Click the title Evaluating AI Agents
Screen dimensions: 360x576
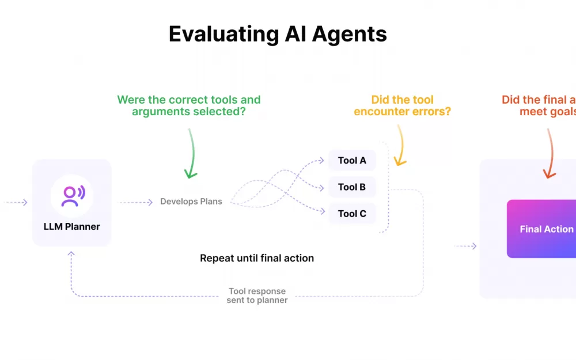[278, 35]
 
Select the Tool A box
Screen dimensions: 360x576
[352, 160]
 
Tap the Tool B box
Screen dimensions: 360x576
[352, 187]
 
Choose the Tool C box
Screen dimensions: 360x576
[352, 214]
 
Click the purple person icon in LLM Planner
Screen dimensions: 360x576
[72, 196]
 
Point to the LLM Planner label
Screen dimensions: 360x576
[72, 226]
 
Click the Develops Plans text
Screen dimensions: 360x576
[191, 202]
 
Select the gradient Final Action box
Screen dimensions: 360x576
[541, 229]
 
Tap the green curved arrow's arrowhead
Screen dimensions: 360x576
[191, 173]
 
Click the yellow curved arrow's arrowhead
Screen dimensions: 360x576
[399, 161]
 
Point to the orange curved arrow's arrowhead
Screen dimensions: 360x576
[549, 173]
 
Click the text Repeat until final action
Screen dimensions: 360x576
[257, 258]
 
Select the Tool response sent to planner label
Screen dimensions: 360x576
[257, 295]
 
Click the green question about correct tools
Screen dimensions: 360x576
[189, 105]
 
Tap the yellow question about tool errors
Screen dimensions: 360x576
[402, 105]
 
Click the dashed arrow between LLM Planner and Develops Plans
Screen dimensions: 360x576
[136, 202]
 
